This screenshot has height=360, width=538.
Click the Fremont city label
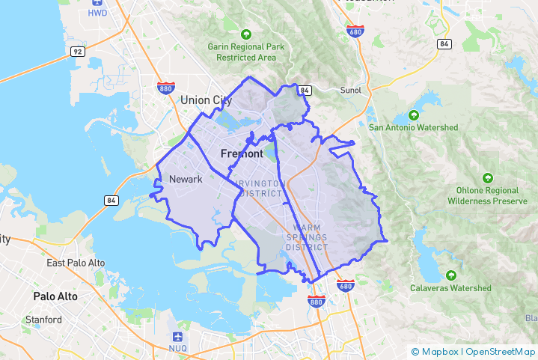[x=242, y=153]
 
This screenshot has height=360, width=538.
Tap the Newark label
[x=186, y=179]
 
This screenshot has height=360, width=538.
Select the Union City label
[x=206, y=100]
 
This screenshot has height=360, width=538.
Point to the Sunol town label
[x=350, y=91]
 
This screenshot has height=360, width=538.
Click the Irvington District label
[x=260, y=188]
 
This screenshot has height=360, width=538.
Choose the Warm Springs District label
[x=307, y=237]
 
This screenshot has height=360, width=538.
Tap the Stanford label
[x=43, y=320]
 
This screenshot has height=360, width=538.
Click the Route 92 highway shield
[x=77, y=52]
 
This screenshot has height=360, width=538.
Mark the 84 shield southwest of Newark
[x=111, y=201]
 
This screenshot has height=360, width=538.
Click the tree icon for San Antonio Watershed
[x=414, y=115]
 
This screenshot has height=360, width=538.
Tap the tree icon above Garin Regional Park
[x=246, y=34]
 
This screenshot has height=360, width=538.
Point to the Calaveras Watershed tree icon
[x=450, y=275]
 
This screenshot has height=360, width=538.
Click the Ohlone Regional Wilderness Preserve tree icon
[x=488, y=178]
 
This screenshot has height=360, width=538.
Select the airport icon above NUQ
[x=177, y=336]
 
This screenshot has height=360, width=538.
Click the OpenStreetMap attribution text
[x=500, y=351]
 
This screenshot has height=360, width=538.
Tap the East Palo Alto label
[x=76, y=263]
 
